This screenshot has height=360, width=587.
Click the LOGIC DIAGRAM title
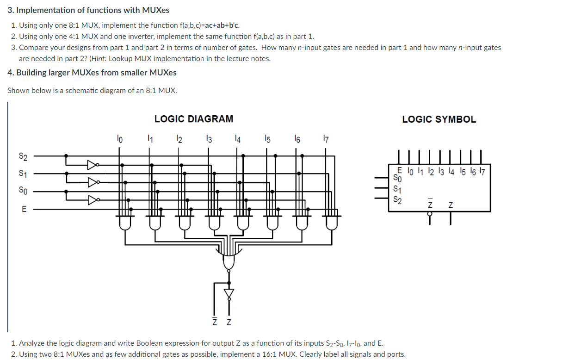193,119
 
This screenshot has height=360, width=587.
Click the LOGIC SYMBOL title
439,119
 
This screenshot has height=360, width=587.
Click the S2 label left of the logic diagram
23,156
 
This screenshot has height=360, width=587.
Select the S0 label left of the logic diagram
23,190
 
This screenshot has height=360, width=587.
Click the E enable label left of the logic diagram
24,209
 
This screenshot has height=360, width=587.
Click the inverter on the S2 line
93,164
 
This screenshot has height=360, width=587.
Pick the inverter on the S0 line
93,200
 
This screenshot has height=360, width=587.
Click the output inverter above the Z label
229,293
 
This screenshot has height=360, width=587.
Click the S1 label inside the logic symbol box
397,189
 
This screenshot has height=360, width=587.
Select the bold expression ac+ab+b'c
222,25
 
